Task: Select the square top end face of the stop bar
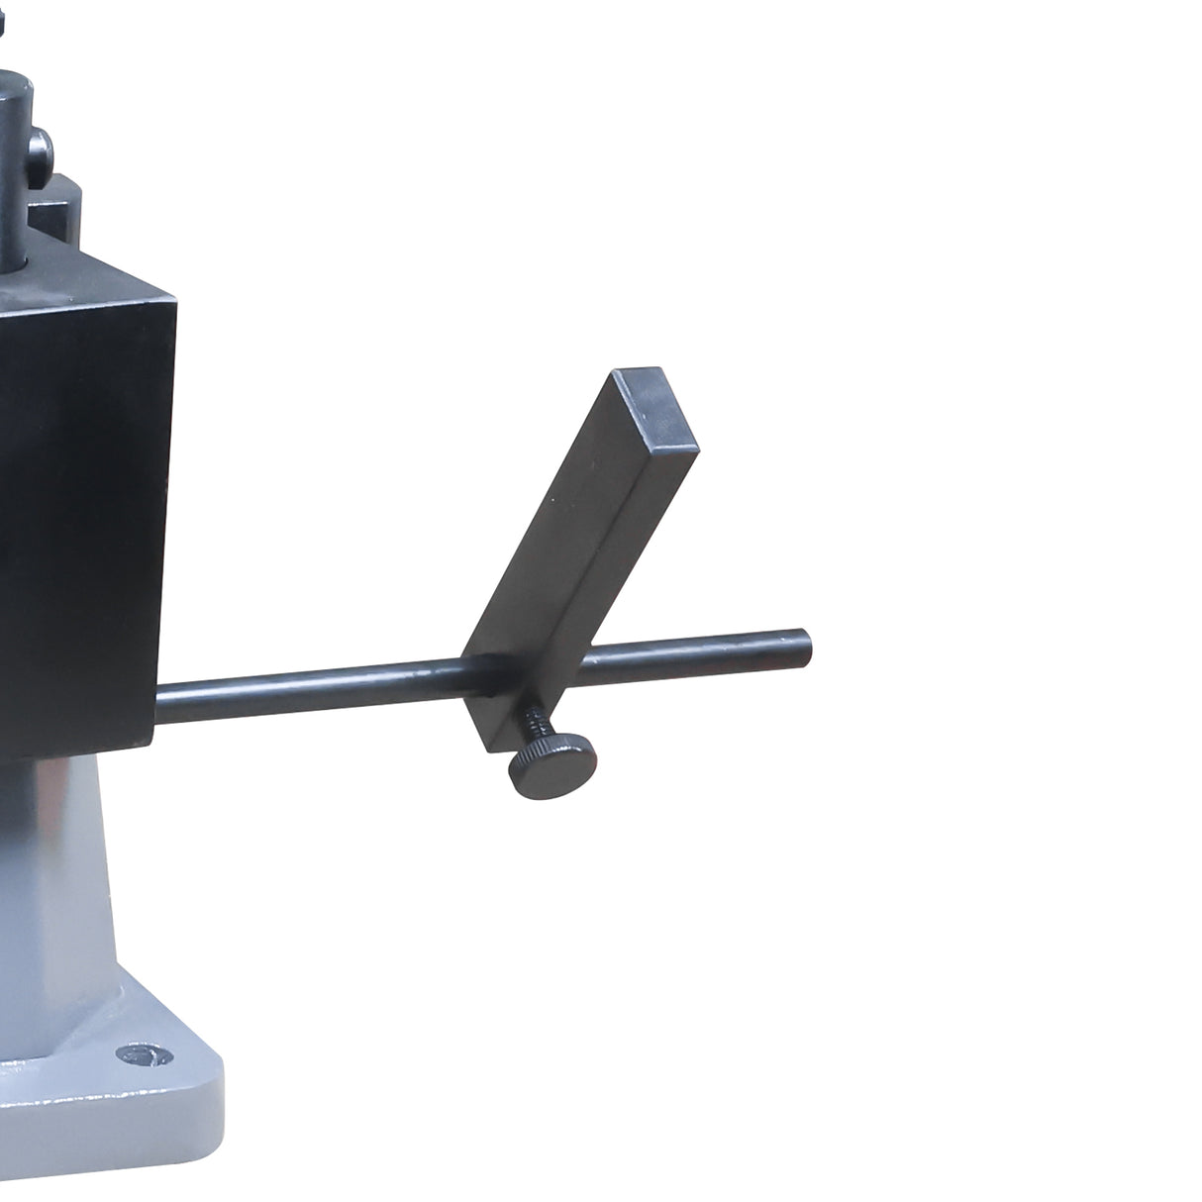[654, 403]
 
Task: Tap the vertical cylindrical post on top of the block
[14, 149]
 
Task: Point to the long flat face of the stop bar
[554, 535]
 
